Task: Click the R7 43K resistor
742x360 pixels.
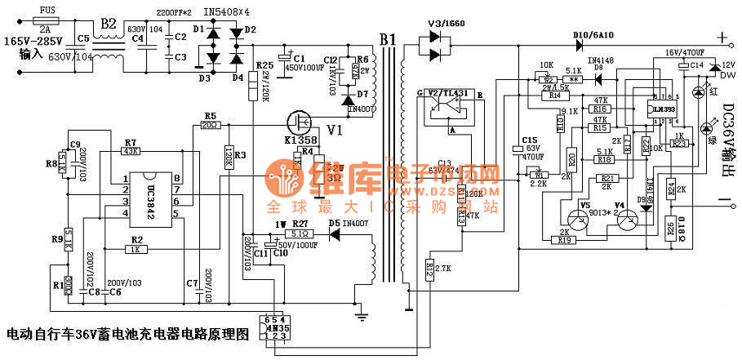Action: (x=131, y=152)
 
